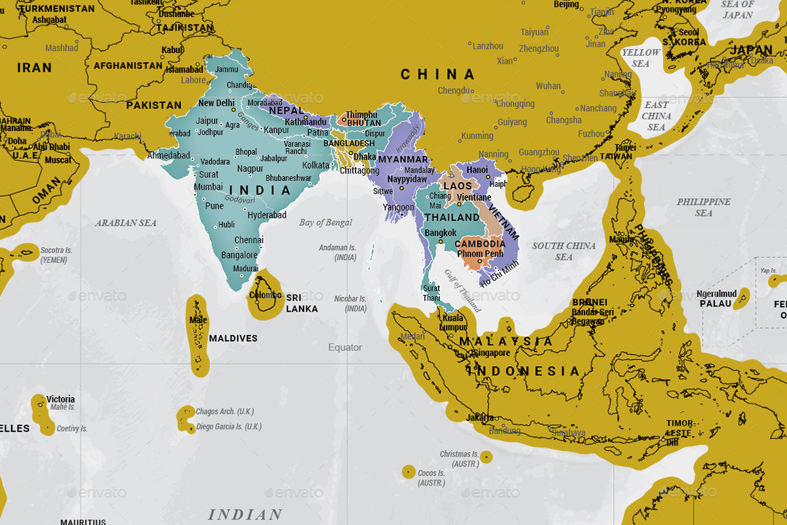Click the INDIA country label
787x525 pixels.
tap(260, 190)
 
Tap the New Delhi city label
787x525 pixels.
tap(216, 103)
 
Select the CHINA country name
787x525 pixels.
tap(437, 74)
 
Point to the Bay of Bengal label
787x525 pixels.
tap(325, 222)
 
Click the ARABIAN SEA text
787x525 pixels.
tap(126, 223)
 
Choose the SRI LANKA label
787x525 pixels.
tap(302, 303)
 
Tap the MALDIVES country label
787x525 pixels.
tap(233, 338)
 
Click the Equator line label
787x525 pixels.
tap(345, 347)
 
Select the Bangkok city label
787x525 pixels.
tap(440, 233)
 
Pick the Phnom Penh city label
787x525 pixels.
tap(480, 253)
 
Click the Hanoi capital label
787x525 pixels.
tap(477, 170)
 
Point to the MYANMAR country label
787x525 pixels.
tap(403, 159)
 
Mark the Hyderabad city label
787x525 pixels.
tap(267, 215)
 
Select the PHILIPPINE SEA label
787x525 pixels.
tap(703, 207)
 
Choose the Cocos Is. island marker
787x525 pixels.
tap(409, 471)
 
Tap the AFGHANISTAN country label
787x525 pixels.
tap(128, 66)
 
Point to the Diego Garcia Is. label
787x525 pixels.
tap(229, 427)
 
